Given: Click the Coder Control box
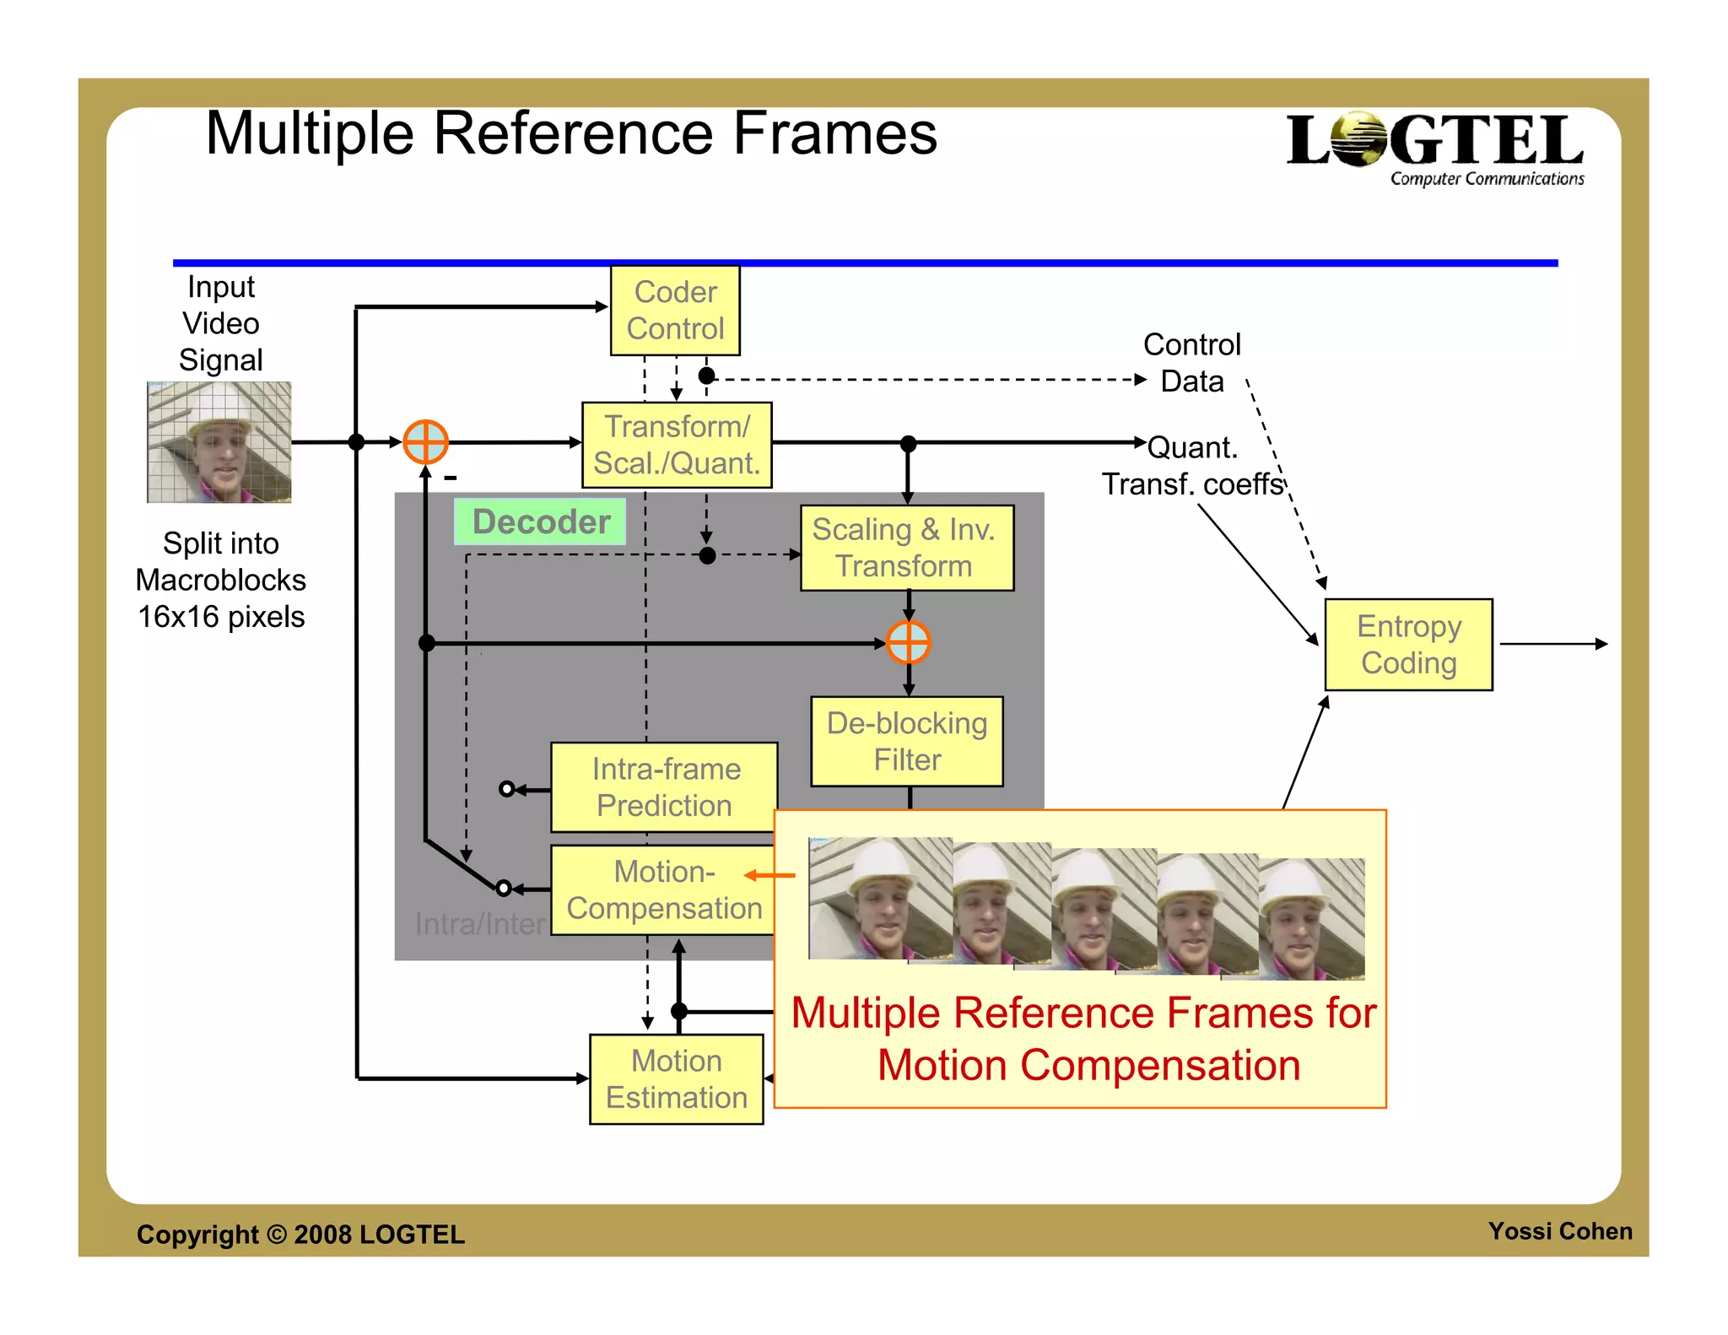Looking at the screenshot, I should tap(675, 311).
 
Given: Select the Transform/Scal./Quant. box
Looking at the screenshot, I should tap(677, 445).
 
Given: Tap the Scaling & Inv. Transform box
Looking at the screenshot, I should tap(906, 548).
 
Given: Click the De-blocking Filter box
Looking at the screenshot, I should tap(906, 741).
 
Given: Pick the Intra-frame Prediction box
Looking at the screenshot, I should tap(664, 786).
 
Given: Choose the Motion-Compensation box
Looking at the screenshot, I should tap(663, 889).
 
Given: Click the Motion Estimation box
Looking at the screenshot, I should tap(676, 1078).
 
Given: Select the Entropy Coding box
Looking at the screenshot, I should tap(1408, 644).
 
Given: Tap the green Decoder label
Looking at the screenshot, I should tap(540, 522).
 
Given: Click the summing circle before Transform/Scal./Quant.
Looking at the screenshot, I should tap(425, 441).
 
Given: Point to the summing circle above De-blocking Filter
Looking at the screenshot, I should tap(908, 643).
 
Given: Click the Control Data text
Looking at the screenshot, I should tap(1191, 363).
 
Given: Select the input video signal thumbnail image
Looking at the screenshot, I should tap(219, 441).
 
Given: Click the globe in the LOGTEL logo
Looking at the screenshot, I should tap(1359, 139).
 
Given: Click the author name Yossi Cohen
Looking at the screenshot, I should tap(1559, 1231).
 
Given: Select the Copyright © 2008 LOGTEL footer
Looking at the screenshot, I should tap(300, 1234).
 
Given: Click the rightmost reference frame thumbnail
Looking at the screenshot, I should tap(1314, 919).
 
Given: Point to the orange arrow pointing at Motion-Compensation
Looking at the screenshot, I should tap(770, 875).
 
